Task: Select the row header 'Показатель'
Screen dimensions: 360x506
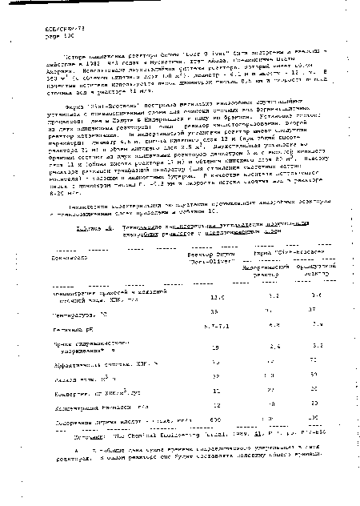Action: coord(47,255)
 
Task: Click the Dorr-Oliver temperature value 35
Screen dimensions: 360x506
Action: coord(192,310)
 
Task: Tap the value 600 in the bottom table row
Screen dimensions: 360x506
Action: coord(192,421)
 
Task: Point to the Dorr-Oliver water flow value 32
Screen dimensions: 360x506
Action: coord(192,375)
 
